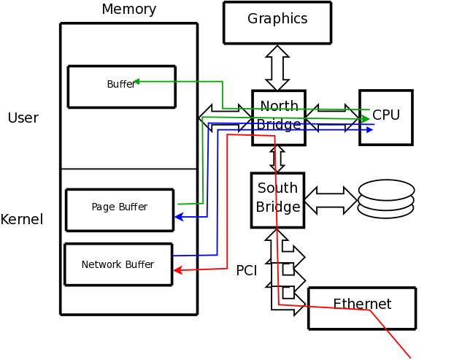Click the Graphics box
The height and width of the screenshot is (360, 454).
point(277,23)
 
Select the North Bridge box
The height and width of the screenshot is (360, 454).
point(279,118)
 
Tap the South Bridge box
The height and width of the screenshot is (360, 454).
point(277,200)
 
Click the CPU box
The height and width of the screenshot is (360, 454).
point(386,117)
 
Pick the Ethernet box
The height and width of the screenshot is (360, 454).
point(362,307)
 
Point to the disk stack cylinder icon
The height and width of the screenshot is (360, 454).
point(386,199)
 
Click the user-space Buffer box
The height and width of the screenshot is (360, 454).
point(121,86)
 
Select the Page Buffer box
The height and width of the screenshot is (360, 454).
point(119,210)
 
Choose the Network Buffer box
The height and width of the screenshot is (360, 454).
point(118,264)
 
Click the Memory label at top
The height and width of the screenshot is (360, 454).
point(128,9)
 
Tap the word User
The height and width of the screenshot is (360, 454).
point(23,118)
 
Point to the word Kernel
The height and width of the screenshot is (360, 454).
point(22,220)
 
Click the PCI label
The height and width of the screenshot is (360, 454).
point(247,271)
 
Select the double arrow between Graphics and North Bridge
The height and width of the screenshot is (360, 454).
point(277,67)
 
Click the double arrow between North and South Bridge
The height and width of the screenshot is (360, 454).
point(277,158)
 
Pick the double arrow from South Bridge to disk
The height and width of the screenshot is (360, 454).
point(330,200)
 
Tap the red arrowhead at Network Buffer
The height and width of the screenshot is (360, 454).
point(177,271)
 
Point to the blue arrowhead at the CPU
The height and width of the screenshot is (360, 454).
point(369,130)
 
